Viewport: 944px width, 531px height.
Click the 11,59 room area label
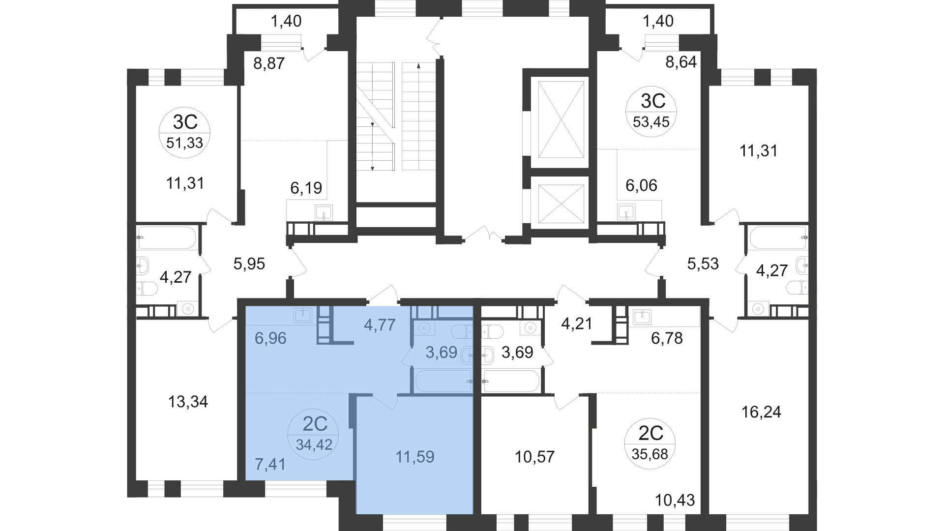pyautogui.click(x=415, y=457)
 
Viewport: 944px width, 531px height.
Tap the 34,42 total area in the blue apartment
pyautogui.click(x=314, y=445)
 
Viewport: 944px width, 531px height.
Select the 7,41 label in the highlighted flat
pyautogui.click(x=270, y=464)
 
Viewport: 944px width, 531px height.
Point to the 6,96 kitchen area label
pyautogui.click(x=270, y=338)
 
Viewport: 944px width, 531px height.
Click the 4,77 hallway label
pyautogui.click(x=380, y=324)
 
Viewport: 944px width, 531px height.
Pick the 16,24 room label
pyautogui.click(x=761, y=412)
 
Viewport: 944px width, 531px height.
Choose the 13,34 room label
pyautogui.click(x=188, y=402)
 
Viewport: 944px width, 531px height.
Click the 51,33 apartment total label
pyautogui.click(x=185, y=143)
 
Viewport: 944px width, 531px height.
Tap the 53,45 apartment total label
pyautogui.click(x=651, y=122)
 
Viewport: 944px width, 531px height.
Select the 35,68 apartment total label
pyautogui.click(x=650, y=454)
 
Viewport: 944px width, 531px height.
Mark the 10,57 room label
pyautogui.click(x=534, y=457)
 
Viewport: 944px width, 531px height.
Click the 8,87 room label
pyautogui.click(x=269, y=63)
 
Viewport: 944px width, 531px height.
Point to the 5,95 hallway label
pyautogui.click(x=249, y=264)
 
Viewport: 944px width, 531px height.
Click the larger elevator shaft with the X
pyautogui.click(x=561, y=119)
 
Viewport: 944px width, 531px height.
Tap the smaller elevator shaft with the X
pyautogui.click(x=561, y=203)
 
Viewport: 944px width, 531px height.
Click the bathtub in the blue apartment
pyautogui.click(x=442, y=381)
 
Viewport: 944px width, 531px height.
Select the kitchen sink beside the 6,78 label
pyautogui.click(x=642, y=317)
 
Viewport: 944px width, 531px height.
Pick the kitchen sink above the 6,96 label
pyautogui.click(x=303, y=315)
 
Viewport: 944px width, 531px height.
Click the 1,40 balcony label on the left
pyautogui.click(x=286, y=21)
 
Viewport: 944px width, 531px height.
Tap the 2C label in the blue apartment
pyautogui.click(x=314, y=423)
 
